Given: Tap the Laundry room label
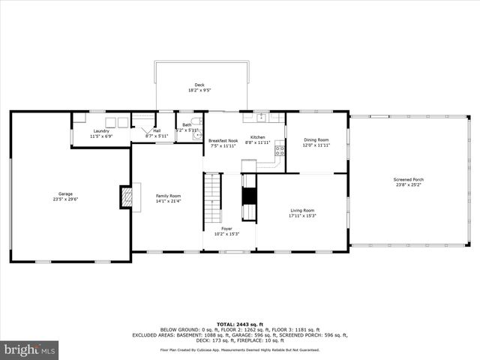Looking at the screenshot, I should (101, 131).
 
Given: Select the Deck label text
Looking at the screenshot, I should (199, 85).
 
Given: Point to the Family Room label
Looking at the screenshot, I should (168, 196).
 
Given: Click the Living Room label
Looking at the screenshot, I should (302, 211).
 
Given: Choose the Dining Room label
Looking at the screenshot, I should (316, 140).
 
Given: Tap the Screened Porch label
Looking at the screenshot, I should (409, 180).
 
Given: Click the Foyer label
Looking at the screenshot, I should (226, 228).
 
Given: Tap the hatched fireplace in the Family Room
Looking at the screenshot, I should (127, 196).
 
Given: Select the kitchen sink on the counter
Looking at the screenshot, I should (262, 117).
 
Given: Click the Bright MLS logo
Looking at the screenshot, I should (30, 349).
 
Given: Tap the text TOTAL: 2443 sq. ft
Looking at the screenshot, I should (240, 323).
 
